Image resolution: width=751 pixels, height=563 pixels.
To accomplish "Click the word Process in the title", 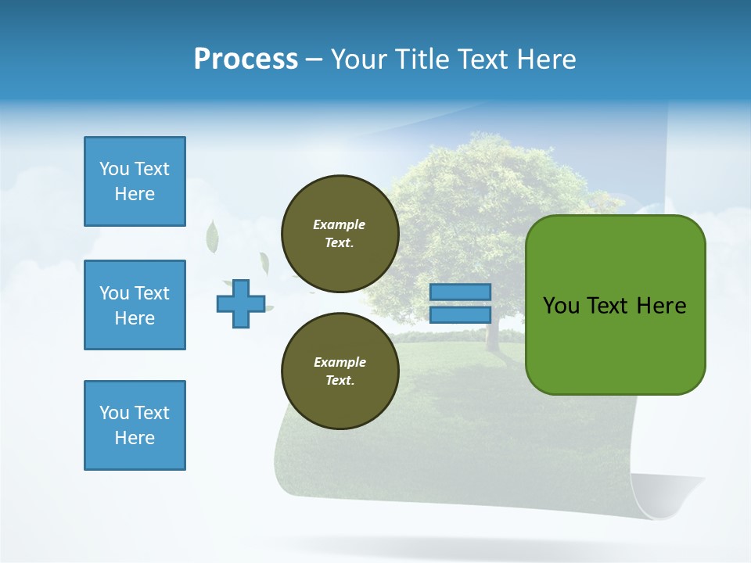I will (x=246, y=59).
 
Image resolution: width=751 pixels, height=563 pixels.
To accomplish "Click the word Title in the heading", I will (x=422, y=59).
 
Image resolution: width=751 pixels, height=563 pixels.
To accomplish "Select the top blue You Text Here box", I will (x=135, y=181).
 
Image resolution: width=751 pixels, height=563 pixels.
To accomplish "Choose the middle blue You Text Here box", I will (x=135, y=305).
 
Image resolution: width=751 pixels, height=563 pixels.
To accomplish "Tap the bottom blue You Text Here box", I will (x=135, y=425).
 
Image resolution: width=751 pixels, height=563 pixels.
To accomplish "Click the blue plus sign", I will (x=241, y=303).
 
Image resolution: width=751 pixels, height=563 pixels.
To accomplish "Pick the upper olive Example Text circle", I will (x=340, y=234).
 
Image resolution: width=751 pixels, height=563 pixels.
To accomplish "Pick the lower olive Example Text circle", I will (x=340, y=371).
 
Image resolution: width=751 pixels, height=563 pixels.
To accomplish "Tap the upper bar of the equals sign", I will (x=460, y=292).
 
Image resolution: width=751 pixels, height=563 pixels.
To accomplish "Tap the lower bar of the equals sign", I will (x=460, y=315).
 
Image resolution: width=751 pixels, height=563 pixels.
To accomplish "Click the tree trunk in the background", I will (x=492, y=332).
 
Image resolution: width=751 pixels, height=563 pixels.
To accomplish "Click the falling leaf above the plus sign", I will (x=212, y=237).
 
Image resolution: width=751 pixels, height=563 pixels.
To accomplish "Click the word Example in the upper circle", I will (x=340, y=224).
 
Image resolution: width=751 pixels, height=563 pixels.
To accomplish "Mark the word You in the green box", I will (x=561, y=306).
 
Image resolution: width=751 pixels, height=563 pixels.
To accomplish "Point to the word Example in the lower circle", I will (x=340, y=362).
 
